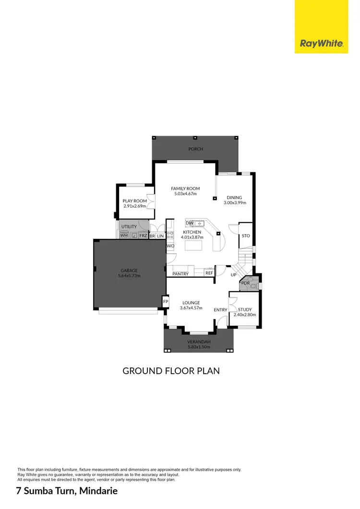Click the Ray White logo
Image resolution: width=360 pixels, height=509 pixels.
click(x=322, y=43)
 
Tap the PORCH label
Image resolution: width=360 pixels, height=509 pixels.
click(x=195, y=149)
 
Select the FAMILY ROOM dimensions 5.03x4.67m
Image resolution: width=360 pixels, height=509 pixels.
click(x=186, y=194)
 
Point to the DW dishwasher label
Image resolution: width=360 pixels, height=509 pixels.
click(x=190, y=223)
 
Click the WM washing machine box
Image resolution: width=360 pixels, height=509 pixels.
click(x=124, y=236)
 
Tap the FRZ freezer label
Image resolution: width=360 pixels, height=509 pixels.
click(x=143, y=236)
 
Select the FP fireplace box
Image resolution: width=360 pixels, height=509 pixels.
click(x=166, y=301)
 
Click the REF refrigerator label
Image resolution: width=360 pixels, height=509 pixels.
click(x=209, y=273)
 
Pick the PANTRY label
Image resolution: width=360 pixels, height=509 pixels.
click(x=180, y=274)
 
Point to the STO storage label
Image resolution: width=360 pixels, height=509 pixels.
click(x=246, y=236)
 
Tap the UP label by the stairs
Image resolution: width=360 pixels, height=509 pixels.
click(x=234, y=275)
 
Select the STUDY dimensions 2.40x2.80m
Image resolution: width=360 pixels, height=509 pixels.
click(x=245, y=315)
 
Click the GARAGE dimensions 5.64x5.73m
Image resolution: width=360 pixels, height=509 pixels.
click(x=129, y=276)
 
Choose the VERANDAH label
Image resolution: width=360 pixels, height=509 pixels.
click(x=198, y=342)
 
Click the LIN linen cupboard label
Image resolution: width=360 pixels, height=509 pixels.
click(x=160, y=236)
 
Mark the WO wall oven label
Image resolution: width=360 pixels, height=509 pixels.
click(x=170, y=246)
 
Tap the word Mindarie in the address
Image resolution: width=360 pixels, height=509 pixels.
click(x=94, y=491)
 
